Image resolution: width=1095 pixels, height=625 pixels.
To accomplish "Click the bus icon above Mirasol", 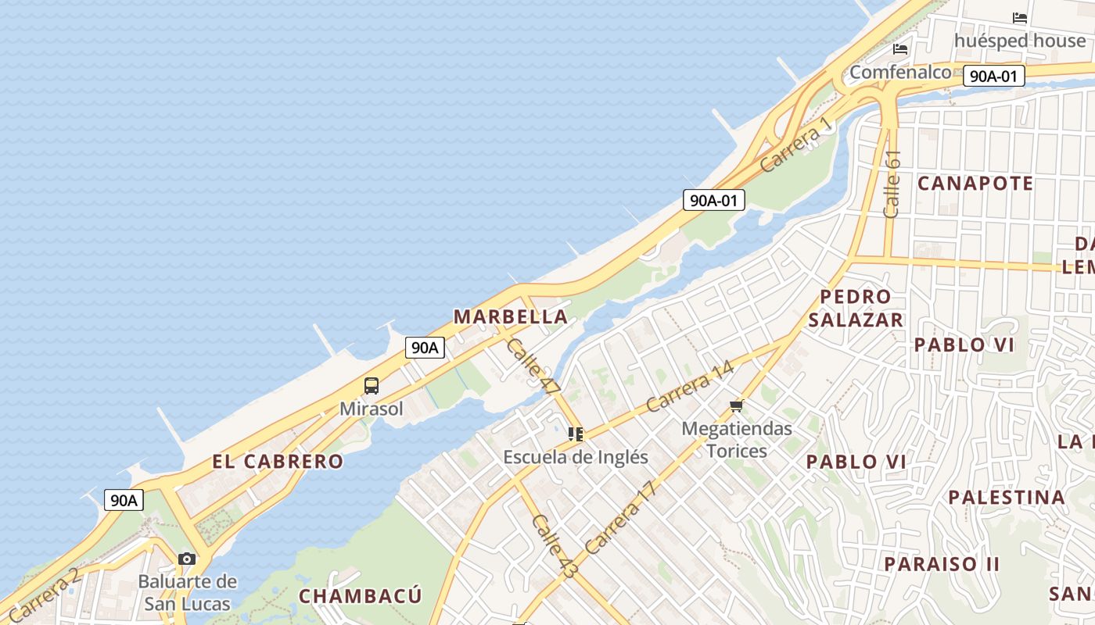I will pyautogui.click(x=372, y=386).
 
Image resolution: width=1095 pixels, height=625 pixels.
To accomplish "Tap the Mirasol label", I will pyautogui.click(x=372, y=409).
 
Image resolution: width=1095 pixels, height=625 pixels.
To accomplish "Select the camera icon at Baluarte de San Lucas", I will pyautogui.click(x=187, y=559).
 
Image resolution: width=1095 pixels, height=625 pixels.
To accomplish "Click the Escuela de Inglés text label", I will pyautogui.click(x=576, y=457).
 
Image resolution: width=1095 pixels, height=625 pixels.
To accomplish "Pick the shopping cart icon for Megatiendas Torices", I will pyautogui.click(x=736, y=406).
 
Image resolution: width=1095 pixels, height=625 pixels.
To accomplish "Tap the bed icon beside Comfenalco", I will pyautogui.click(x=900, y=49).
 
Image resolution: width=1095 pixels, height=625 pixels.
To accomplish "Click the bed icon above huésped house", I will pyautogui.click(x=1020, y=18).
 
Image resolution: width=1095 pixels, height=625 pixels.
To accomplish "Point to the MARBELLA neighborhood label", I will pyautogui.click(x=511, y=316).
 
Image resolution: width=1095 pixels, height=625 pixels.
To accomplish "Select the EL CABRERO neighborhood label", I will pyautogui.click(x=278, y=461).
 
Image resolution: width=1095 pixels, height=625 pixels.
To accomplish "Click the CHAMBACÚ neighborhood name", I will pyautogui.click(x=361, y=596).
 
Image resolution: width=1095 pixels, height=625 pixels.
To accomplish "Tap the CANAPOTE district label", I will pyautogui.click(x=975, y=184).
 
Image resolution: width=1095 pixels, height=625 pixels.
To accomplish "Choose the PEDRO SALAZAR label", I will pyautogui.click(x=856, y=308).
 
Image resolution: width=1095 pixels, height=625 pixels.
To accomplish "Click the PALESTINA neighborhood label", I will pyautogui.click(x=1007, y=497).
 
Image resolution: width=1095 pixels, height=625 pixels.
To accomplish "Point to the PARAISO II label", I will pyautogui.click(x=942, y=563).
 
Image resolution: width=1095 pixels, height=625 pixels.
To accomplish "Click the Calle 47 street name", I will pyautogui.click(x=534, y=365).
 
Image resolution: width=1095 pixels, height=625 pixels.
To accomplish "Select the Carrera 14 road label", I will pyautogui.click(x=690, y=386).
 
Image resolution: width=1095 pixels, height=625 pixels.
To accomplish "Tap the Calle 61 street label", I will pyautogui.click(x=892, y=184).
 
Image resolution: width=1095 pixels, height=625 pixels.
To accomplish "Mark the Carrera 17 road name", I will pyautogui.click(x=619, y=518).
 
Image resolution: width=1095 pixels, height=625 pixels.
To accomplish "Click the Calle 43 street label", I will pyautogui.click(x=554, y=546).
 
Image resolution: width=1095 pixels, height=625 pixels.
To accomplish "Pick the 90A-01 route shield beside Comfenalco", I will pyautogui.click(x=993, y=76).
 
